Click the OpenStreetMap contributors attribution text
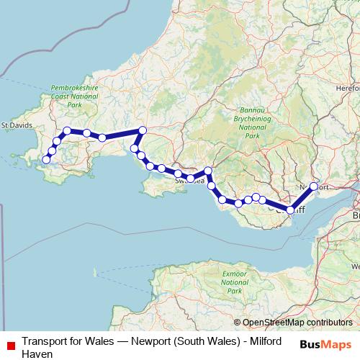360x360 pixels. point(297,323)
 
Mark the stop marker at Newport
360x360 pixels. point(314,186)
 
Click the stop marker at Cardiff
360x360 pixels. point(290,210)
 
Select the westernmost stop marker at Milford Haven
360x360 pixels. point(46,160)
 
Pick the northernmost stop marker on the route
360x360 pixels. point(143,130)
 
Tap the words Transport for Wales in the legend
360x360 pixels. point(62,341)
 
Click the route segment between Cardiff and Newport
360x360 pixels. point(302,198)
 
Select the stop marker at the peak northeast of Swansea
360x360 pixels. point(208,171)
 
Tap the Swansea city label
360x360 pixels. point(189,181)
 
